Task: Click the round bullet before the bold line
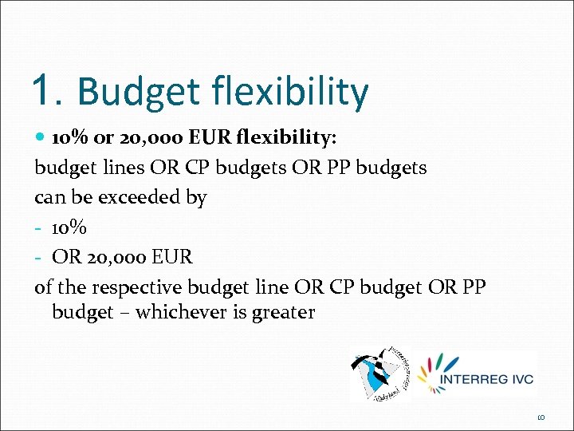click(x=41, y=138)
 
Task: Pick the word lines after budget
click(x=122, y=168)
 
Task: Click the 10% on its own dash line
click(x=69, y=227)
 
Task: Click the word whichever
click(x=180, y=312)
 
